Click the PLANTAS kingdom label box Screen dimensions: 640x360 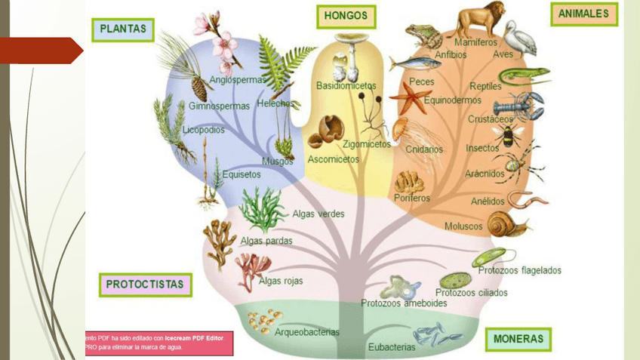coord(124,30)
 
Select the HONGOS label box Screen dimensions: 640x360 coord(346,17)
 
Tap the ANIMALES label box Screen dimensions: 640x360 coord(584,14)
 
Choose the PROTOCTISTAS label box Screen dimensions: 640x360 coord(145,285)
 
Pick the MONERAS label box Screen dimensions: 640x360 coord(518,340)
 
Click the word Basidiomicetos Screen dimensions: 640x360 coord(346,86)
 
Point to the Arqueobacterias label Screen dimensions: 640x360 coord(307,331)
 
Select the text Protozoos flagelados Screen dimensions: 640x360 coord(519,270)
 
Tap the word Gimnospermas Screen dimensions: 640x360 coord(219,106)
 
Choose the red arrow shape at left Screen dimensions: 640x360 coord(42,51)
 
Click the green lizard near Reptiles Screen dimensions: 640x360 coord(523,75)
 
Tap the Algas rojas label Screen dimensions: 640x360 coord(281,282)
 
